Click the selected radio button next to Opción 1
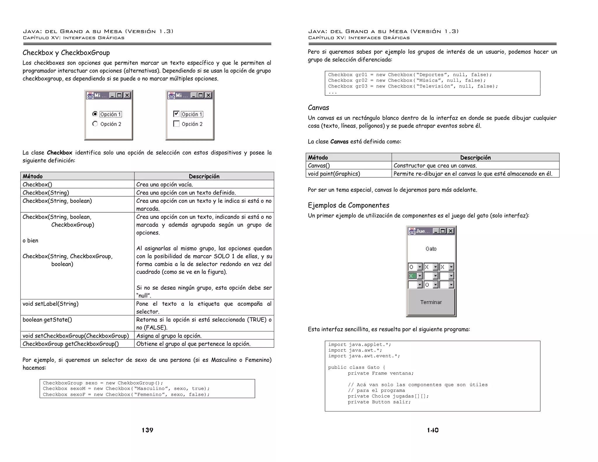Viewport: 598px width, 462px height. coord(95,114)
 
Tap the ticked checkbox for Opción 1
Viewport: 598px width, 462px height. coord(176,114)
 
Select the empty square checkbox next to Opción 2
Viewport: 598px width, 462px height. coord(176,124)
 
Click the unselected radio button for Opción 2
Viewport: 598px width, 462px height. coord(95,124)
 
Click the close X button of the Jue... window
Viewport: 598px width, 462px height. coord(451,231)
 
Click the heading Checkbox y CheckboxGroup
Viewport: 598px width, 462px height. coord(66,53)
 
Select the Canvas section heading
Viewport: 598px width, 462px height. coord(318,108)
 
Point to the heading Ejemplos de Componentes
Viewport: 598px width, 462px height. coord(348,205)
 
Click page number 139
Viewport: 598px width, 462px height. coord(147,430)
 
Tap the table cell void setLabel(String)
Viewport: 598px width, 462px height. coord(51,304)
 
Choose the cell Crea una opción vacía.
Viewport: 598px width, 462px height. coord(164,185)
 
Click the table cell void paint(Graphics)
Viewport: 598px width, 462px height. coord(334,174)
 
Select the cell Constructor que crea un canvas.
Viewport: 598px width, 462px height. coord(435,166)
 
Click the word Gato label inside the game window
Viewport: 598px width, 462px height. coord(431,249)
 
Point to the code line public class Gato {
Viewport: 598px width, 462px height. coord(357,367)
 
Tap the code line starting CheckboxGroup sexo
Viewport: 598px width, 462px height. coord(103,383)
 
